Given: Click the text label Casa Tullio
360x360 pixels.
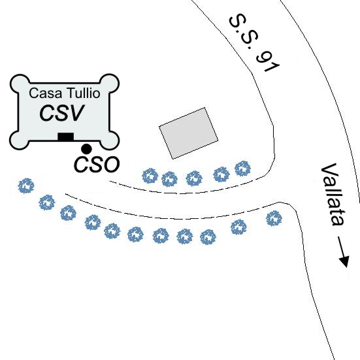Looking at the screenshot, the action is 65,93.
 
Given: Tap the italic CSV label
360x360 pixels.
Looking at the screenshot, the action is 62,113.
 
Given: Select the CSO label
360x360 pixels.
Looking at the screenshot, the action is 97,165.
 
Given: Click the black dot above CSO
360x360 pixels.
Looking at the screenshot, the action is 86,149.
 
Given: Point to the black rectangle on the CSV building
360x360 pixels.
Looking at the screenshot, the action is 66,137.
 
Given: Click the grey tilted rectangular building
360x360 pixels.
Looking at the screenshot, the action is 189,133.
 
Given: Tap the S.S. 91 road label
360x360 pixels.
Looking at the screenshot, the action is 254,43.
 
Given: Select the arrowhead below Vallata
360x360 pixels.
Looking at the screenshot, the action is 344,261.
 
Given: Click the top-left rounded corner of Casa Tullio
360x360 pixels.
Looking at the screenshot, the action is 20,84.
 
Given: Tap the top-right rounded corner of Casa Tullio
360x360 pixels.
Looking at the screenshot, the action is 109,83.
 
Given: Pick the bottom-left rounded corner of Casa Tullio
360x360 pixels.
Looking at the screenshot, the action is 20,140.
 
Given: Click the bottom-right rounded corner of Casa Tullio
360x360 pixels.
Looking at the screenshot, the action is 110,140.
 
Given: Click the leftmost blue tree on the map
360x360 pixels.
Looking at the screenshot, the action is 26,186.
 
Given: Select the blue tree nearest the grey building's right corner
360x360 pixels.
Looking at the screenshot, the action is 242,169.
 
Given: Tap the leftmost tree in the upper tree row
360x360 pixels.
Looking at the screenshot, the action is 150,176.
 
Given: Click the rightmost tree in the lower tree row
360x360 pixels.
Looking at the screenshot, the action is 274,218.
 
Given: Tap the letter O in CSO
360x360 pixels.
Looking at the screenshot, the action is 112,165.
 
